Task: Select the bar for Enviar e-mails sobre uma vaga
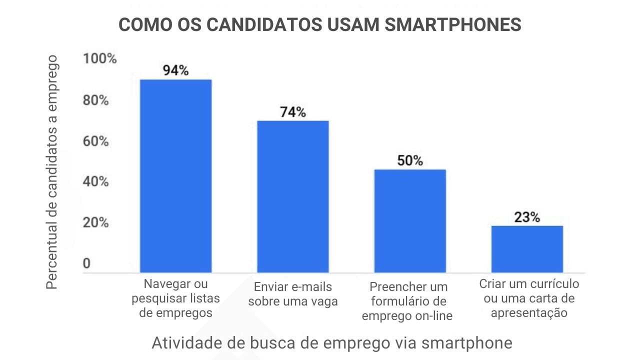pyautogui.click(x=293, y=196)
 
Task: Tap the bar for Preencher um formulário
pyautogui.click(x=410, y=221)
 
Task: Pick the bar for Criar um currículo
pyautogui.click(x=527, y=249)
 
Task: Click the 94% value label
pyautogui.click(x=175, y=70)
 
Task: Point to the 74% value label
pyautogui.click(x=293, y=112)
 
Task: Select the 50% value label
pyautogui.click(x=410, y=160)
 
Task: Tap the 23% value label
pyautogui.click(x=527, y=217)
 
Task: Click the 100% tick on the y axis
pyautogui.click(x=99, y=59)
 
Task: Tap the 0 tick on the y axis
pyautogui.click(x=87, y=263)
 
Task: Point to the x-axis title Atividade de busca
pyautogui.click(x=332, y=343)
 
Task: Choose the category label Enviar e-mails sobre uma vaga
pyautogui.click(x=293, y=294)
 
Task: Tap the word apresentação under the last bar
pyautogui.click(x=529, y=313)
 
